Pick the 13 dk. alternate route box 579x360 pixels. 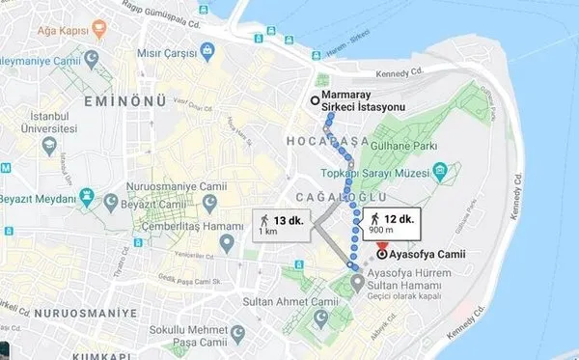[281, 224]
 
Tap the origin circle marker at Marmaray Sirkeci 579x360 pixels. [315, 100]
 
